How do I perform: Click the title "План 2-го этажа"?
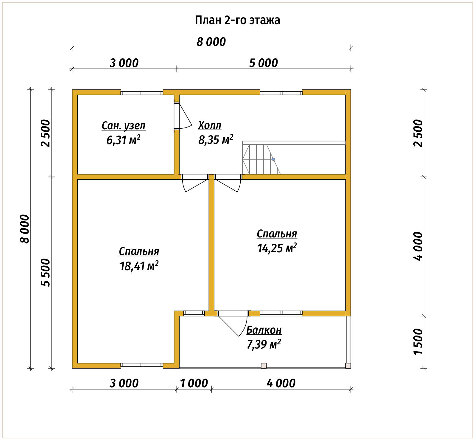(x=237, y=20)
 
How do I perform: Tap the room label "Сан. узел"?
(x=124, y=126)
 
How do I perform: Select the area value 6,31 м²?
(x=123, y=140)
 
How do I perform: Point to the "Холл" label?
(x=210, y=125)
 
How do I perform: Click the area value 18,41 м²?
(x=139, y=266)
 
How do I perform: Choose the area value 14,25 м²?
(x=277, y=248)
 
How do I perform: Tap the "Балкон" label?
(x=264, y=330)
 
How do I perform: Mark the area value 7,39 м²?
(x=264, y=344)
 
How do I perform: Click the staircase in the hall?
(x=294, y=158)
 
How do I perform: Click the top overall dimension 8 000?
(x=211, y=42)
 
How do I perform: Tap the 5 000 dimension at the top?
(x=264, y=63)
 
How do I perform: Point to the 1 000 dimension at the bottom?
(x=194, y=383)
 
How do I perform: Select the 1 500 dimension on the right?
(x=418, y=342)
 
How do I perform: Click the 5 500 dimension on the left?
(x=46, y=273)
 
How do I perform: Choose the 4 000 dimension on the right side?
(x=418, y=246)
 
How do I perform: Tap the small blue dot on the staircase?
(x=273, y=159)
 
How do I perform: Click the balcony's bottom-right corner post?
(x=348, y=366)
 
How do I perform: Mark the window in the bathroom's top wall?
(x=142, y=93)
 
